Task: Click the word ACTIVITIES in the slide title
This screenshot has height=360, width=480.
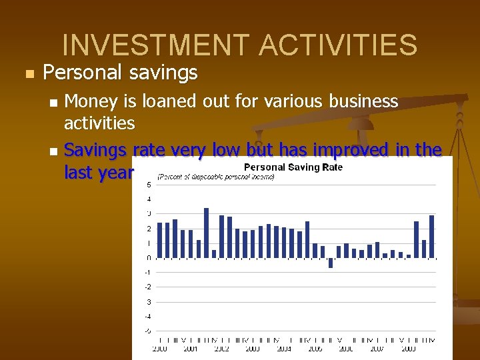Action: [338, 45]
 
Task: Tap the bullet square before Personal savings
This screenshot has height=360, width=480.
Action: [27, 73]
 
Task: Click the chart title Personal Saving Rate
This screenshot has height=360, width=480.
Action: [293, 167]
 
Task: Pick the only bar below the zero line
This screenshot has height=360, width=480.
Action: [331, 263]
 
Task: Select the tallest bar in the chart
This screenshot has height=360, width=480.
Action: [206, 233]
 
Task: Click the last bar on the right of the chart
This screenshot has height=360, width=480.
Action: [432, 237]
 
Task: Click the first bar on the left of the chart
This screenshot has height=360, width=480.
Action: [160, 240]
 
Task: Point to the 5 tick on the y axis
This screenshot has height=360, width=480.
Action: [148, 185]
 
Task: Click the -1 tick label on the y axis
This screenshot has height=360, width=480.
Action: [147, 272]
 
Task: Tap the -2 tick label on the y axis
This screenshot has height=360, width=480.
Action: [147, 287]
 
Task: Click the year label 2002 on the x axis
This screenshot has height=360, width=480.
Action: [221, 349]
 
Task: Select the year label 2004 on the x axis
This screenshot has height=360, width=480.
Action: [284, 349]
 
